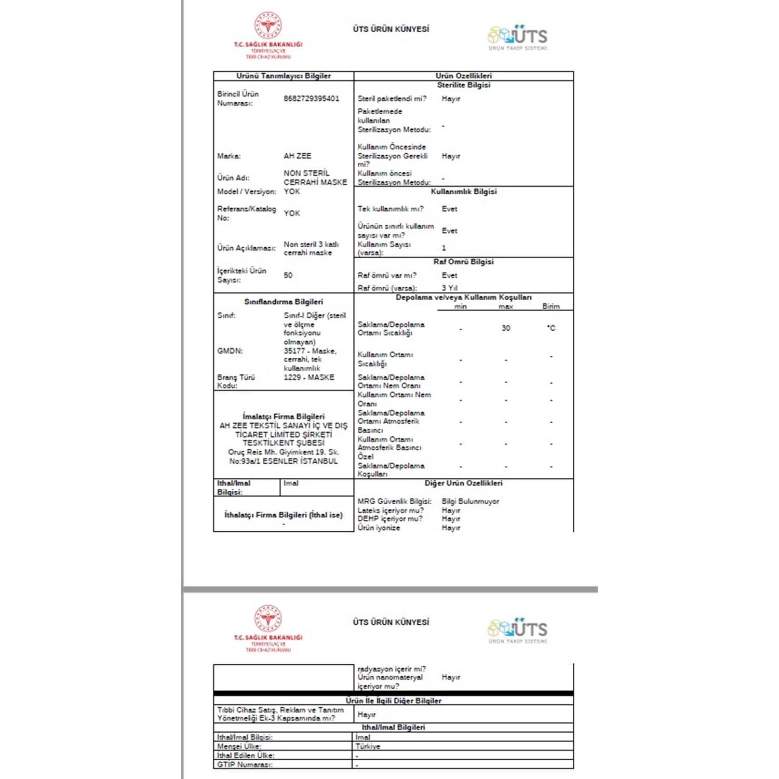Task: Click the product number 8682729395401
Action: click(311, 99)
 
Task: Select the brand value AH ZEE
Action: click(297, 156)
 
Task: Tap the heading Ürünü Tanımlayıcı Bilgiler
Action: click(283, 76)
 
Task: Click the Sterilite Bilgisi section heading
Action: click(463, 85)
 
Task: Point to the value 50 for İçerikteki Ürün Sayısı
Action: click(288, 275)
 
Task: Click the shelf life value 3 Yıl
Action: click(449, 288)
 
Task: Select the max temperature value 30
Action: click(505, 328)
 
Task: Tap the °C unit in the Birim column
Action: click(550, 328)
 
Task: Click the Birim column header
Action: click(550, 306)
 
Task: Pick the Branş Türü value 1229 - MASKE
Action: click(308, 377)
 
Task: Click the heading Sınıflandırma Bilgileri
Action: click(283, 302)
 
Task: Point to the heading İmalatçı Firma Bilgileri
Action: click(283, 417)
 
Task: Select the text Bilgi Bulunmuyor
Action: click(470, 502)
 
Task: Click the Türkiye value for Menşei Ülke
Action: click(368, 746)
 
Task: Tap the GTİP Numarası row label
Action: click(245, 764)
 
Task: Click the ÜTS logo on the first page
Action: click(518, 36)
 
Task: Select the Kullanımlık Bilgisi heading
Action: click(463, 192)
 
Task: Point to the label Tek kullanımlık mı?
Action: click(390, 209)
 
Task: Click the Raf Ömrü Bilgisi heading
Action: click(463, 262)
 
